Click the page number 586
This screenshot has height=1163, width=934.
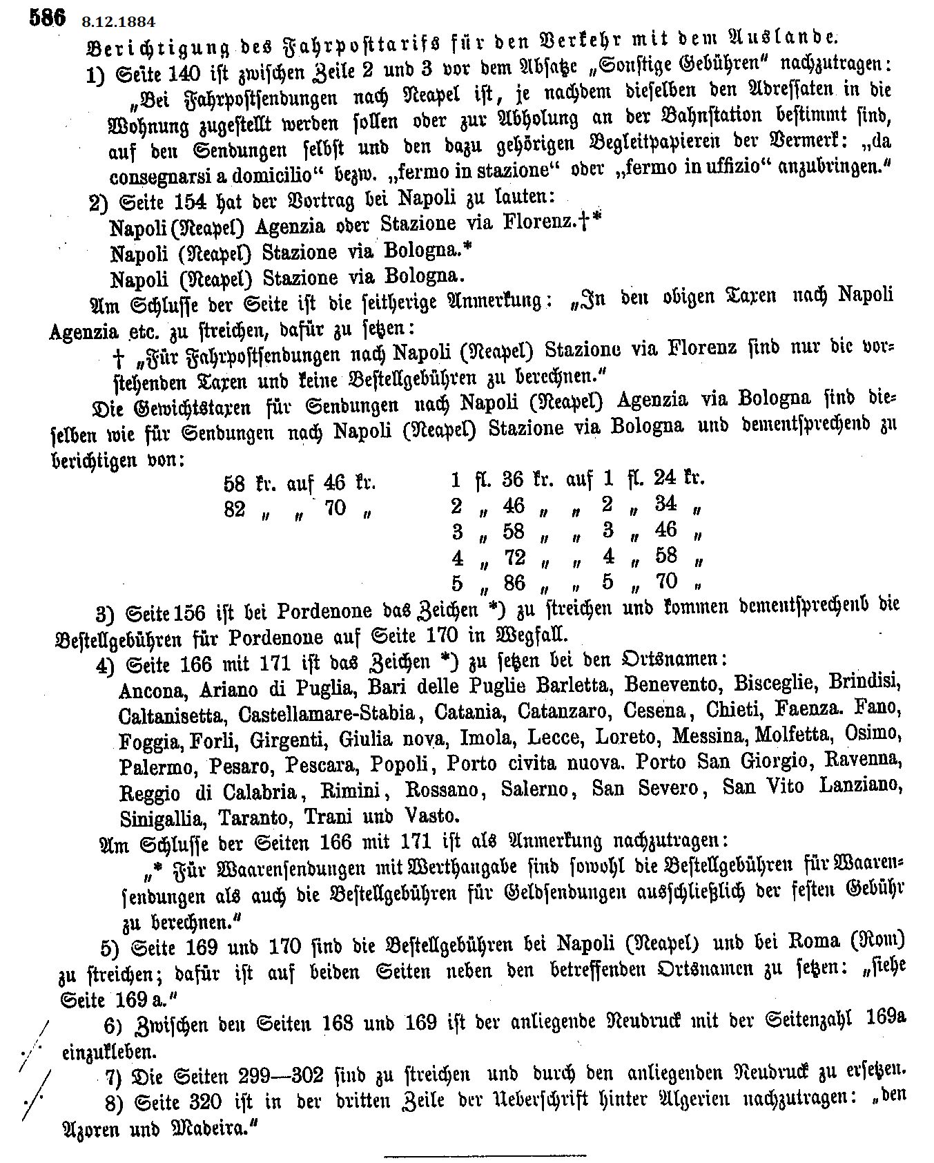47,17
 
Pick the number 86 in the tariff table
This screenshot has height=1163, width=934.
514,583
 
